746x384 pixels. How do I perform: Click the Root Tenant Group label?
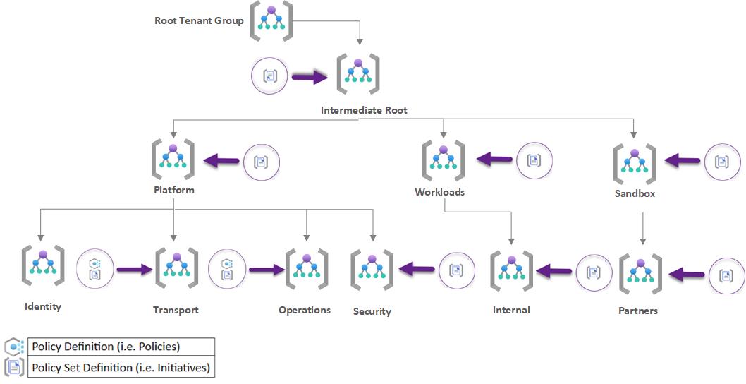coord(199,20)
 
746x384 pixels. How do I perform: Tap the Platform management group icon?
coord(173,159)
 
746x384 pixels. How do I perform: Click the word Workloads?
coord(439,192)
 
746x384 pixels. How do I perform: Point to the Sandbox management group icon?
coord(635,163)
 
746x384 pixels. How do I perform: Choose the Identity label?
coord(43,306)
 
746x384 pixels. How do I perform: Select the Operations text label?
coord(305,310)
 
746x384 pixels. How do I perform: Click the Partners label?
coord(638,310)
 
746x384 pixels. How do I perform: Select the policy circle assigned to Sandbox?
coord(722,162)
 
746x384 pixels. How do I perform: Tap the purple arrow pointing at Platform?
coord(221,162)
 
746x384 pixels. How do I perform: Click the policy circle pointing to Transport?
coord(94,268)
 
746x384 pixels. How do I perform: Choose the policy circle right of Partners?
coord(726,275)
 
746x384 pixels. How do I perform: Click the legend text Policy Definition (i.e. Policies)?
coord(105,347)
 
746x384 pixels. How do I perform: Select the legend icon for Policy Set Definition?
coord(14,367)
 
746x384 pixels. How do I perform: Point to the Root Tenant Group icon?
coord(271,21)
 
